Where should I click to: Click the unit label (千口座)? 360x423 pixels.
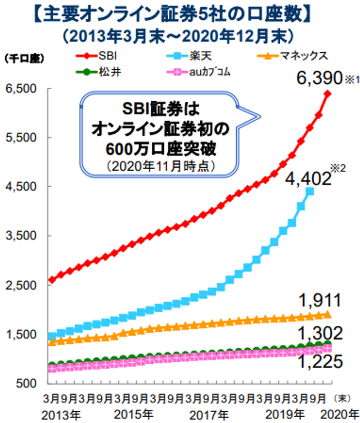click(x=21, y=59)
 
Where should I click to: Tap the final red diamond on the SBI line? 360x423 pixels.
click(x=327, y=94)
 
